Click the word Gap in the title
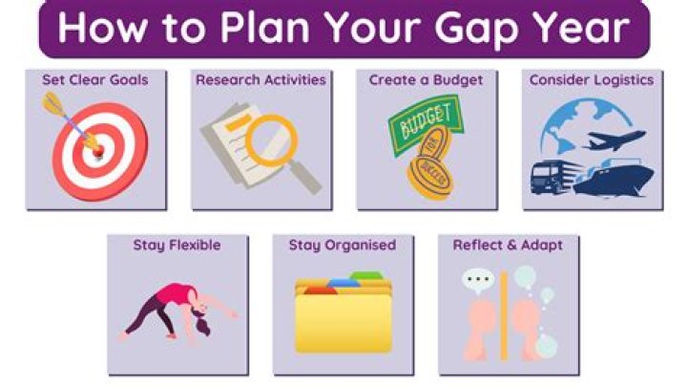pyautogui.click(x=480, y=29)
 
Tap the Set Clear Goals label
pyautogui.click(x=95, y=80)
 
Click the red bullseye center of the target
pyautogui.click(x=99, y=151)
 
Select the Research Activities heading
pyautogui.click(x=260, y=80)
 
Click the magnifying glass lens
pyautogui.click(x=272, y=140)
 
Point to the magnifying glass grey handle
pyautogui.click(x=306, y=177)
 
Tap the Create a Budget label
pyautogui.click(x=426, y=80)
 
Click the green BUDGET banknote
pyautogui.click(x=425, y=124)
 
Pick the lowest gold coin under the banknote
pyautogui.click(x=430, y=177)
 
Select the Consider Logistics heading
pyautogui.click(x=592, y=80)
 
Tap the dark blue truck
pyautogui.click(x=552, y=177)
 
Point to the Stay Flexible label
pyautogui.click(x=177, y=245)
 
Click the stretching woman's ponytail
pyautogui.click(x=202, y=326)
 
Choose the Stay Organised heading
pyautogui.click(x=343, y=245)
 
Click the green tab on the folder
pyautogui.click(x=366, y=276)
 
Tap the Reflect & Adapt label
pyautogui.click(x=508, y=245)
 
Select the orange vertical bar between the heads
pyautogui.click(x=504, y=315)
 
